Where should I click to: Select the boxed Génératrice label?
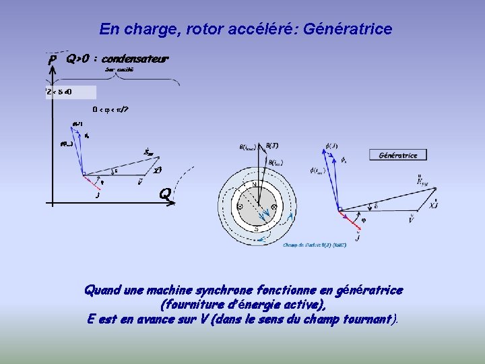click(x=398, y=155)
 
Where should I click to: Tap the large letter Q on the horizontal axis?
click(x=164, y=194)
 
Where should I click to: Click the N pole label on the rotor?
click(x=255, y=185)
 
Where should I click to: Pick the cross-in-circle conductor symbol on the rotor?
click(x=273, y=206)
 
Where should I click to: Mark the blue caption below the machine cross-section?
click(x=315, y=245)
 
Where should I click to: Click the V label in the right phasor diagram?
click(x=412, y=219)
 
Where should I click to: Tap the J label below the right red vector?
click(x=358, y=237)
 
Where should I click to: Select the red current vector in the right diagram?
click(x=348, y=218)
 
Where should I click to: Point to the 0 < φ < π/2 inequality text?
click(x=110, y=109)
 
